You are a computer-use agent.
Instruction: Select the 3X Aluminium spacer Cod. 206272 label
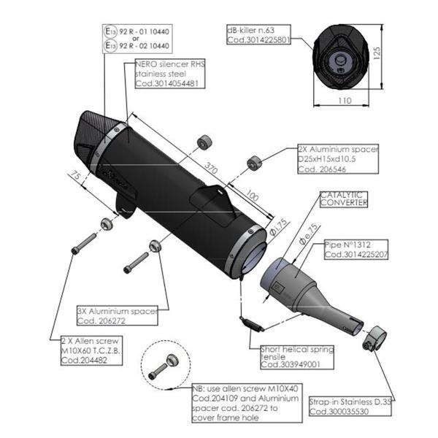[x=117, y=315]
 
